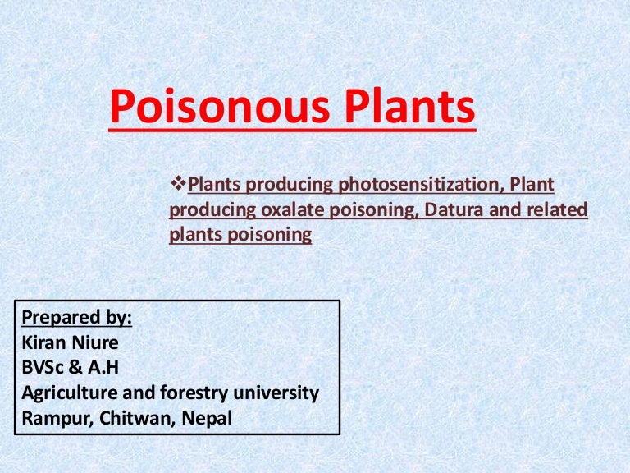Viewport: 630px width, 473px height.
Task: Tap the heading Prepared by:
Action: tap(76, 318)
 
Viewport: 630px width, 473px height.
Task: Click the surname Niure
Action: tap(97, 342)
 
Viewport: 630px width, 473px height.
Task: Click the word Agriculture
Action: tap(69, 393)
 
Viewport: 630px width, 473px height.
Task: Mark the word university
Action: tap(275, 393)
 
